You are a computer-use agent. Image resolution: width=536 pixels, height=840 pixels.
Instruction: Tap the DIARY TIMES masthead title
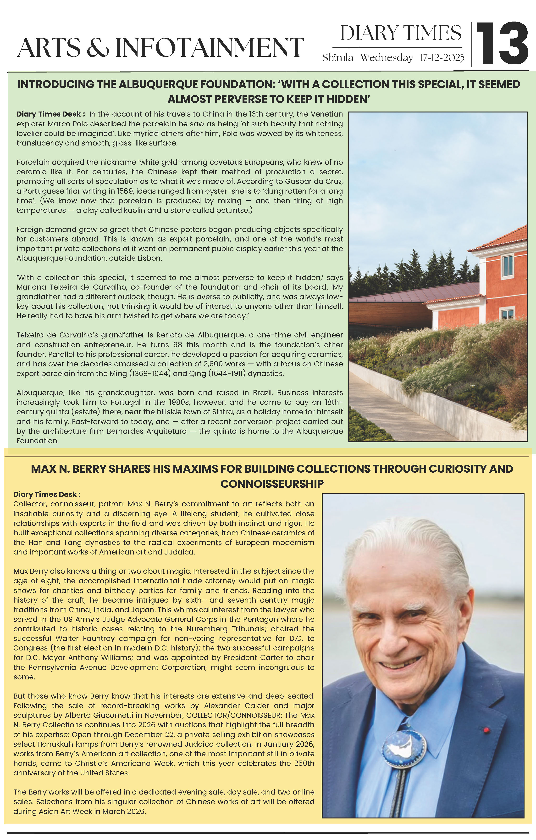pyautogui.click(x=400, y=34)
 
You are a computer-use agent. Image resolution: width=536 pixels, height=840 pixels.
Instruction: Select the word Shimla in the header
pyautogui.click(x=337, y=58)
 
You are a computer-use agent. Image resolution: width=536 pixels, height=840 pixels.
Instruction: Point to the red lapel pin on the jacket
pyautogui.click(x=486, y=728)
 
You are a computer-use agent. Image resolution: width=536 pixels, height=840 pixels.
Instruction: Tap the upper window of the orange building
pyautogui.click(x=508, y=265)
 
